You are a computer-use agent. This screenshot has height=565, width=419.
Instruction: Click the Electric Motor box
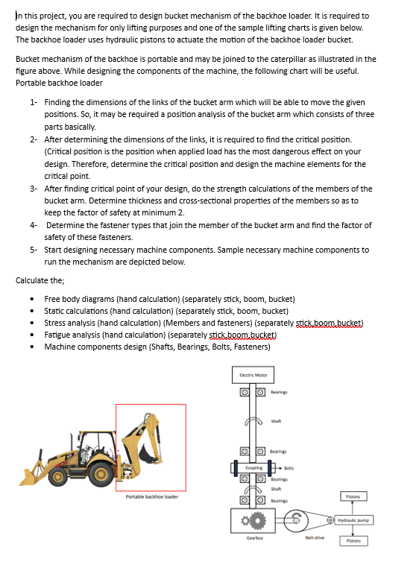coord(253,374)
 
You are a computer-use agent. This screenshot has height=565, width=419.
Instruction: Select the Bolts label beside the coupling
coord(289,467)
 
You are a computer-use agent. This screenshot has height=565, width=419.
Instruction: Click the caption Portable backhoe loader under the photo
coord(151,496)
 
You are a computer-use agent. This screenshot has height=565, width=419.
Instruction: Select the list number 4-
coord(34,225)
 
